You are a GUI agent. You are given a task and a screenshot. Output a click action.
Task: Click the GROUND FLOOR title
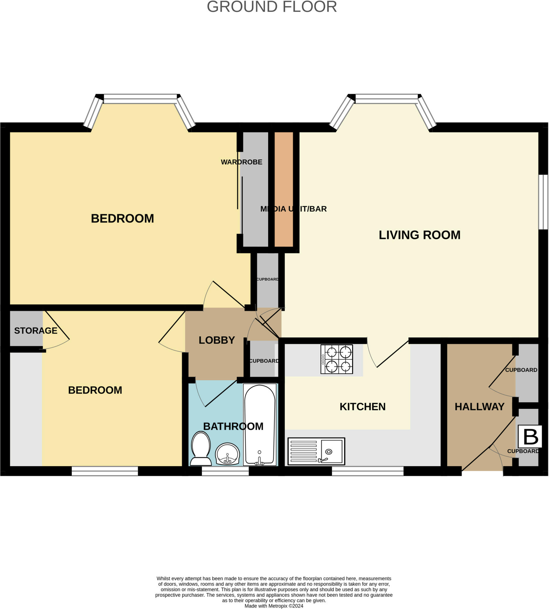(x=272, y=7)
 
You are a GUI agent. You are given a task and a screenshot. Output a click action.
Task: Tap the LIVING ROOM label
(x=420, y=235)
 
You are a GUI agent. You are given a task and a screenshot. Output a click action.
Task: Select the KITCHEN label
(x=363, y=406)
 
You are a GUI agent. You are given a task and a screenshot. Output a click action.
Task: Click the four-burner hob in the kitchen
(x=337, y=359)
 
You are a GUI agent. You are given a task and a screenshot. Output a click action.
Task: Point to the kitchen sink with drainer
(x=317, y=451)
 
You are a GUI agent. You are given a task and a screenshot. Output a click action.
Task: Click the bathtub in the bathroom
(x=260, y=424)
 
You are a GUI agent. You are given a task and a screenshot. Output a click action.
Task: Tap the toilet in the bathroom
(x=201, y=449)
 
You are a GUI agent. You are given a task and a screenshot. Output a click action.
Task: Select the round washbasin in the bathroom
(x=227, y=454)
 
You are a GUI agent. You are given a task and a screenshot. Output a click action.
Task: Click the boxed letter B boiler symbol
(x=530, y=437)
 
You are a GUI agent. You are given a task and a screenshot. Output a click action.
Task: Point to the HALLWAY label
(x=480, y=406)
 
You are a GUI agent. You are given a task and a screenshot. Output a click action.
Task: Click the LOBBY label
(x=217, y=340)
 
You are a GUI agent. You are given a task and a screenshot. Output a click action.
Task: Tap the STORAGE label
(x=36, y=331)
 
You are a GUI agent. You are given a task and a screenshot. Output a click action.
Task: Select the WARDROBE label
(x=242, y=162)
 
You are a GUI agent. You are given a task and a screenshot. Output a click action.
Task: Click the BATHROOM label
(x=233, y=426)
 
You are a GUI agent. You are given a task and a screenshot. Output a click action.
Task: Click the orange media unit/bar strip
(x=284, y=189)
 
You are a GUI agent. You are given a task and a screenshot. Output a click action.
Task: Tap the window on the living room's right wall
(x=544, y=202)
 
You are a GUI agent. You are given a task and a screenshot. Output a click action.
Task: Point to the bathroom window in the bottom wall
(x=225, y=471)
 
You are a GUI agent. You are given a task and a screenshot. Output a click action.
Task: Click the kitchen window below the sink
(x=368, y=471)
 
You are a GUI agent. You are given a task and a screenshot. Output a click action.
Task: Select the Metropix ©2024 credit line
(x=274, y=606)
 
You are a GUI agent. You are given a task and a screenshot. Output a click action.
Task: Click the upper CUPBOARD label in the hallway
(x=521, y=370)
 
